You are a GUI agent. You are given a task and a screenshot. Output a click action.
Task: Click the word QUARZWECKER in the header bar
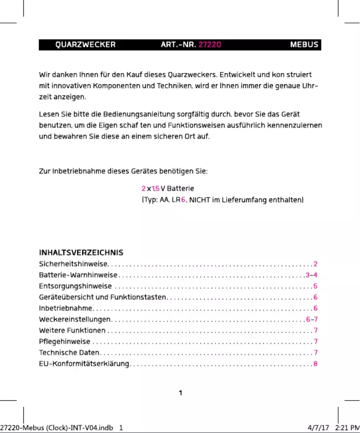point(85,45)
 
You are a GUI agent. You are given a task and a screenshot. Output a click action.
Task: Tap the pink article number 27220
point(210,45)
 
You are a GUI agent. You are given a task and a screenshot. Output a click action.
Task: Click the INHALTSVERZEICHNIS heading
point(81,253)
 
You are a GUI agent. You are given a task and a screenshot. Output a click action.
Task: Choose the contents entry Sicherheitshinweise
point(74,264)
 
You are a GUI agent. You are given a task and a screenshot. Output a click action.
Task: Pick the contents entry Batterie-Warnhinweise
point(78,275)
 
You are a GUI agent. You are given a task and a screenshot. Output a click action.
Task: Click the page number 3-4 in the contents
point(312,275)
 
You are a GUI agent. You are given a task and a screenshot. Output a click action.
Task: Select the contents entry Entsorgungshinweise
point(75,286)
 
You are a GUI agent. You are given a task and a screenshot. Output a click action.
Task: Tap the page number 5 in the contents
point(316,286)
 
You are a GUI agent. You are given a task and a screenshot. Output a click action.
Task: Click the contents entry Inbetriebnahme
point(66,308)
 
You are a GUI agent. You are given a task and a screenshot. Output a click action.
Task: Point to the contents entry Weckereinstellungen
point(75,319)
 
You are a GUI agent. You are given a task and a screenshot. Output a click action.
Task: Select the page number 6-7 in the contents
point(312,319)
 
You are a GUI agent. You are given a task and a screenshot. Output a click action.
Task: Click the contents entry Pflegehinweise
point(65,341)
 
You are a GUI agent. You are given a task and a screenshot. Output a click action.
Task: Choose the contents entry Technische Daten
point(69,353)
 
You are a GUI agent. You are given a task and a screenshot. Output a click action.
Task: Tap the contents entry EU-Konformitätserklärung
point(84,363)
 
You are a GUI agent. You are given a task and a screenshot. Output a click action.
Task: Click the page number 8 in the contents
point(316,363)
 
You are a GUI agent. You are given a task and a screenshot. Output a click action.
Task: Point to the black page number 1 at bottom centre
point(180,394)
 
